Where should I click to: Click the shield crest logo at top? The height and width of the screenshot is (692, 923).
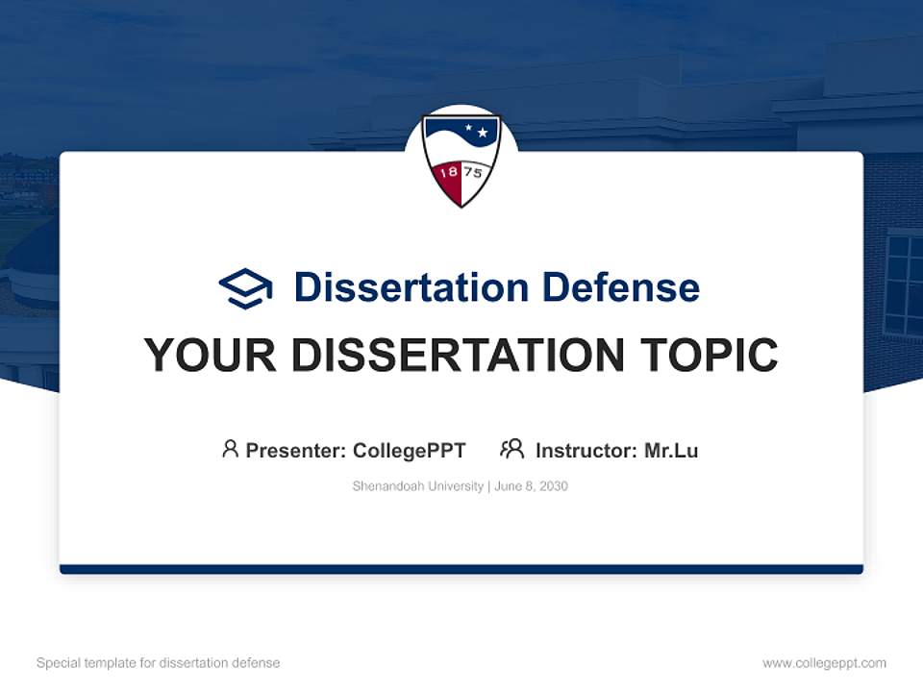461,160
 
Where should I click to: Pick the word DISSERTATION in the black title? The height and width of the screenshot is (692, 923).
451,356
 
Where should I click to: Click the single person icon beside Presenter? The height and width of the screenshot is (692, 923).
230,449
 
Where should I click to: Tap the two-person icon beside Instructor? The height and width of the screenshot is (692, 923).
511,449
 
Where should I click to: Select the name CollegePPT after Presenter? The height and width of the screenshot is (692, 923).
410,450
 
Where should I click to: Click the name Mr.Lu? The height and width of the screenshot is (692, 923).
671,450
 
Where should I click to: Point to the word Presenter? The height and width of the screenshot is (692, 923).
296,450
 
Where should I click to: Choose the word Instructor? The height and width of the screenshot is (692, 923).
586,450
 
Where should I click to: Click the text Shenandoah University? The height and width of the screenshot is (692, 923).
417,486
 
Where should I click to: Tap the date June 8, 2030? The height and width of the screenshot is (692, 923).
532,486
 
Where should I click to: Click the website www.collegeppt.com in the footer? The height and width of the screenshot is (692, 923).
824,663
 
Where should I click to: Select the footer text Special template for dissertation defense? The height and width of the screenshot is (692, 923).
158,663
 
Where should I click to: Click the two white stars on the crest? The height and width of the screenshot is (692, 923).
477,130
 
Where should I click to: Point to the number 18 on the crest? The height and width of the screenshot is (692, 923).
447,174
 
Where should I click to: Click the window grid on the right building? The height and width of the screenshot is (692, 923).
903,284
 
